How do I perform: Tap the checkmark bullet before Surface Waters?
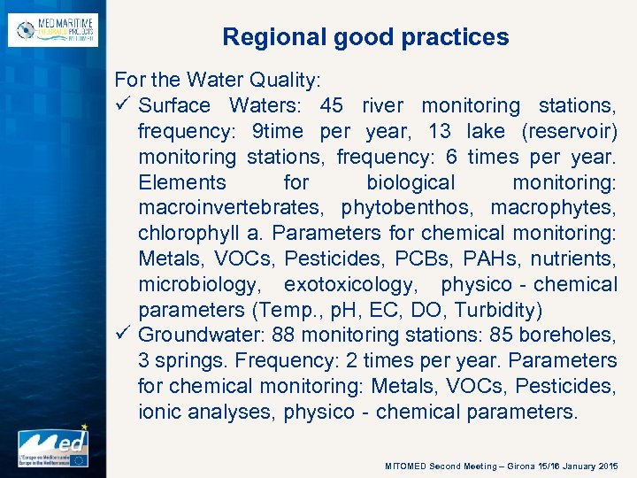point(124,105)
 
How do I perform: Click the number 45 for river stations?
point(332,105)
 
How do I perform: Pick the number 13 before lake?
point(439,131)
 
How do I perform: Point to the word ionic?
point(162,412)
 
